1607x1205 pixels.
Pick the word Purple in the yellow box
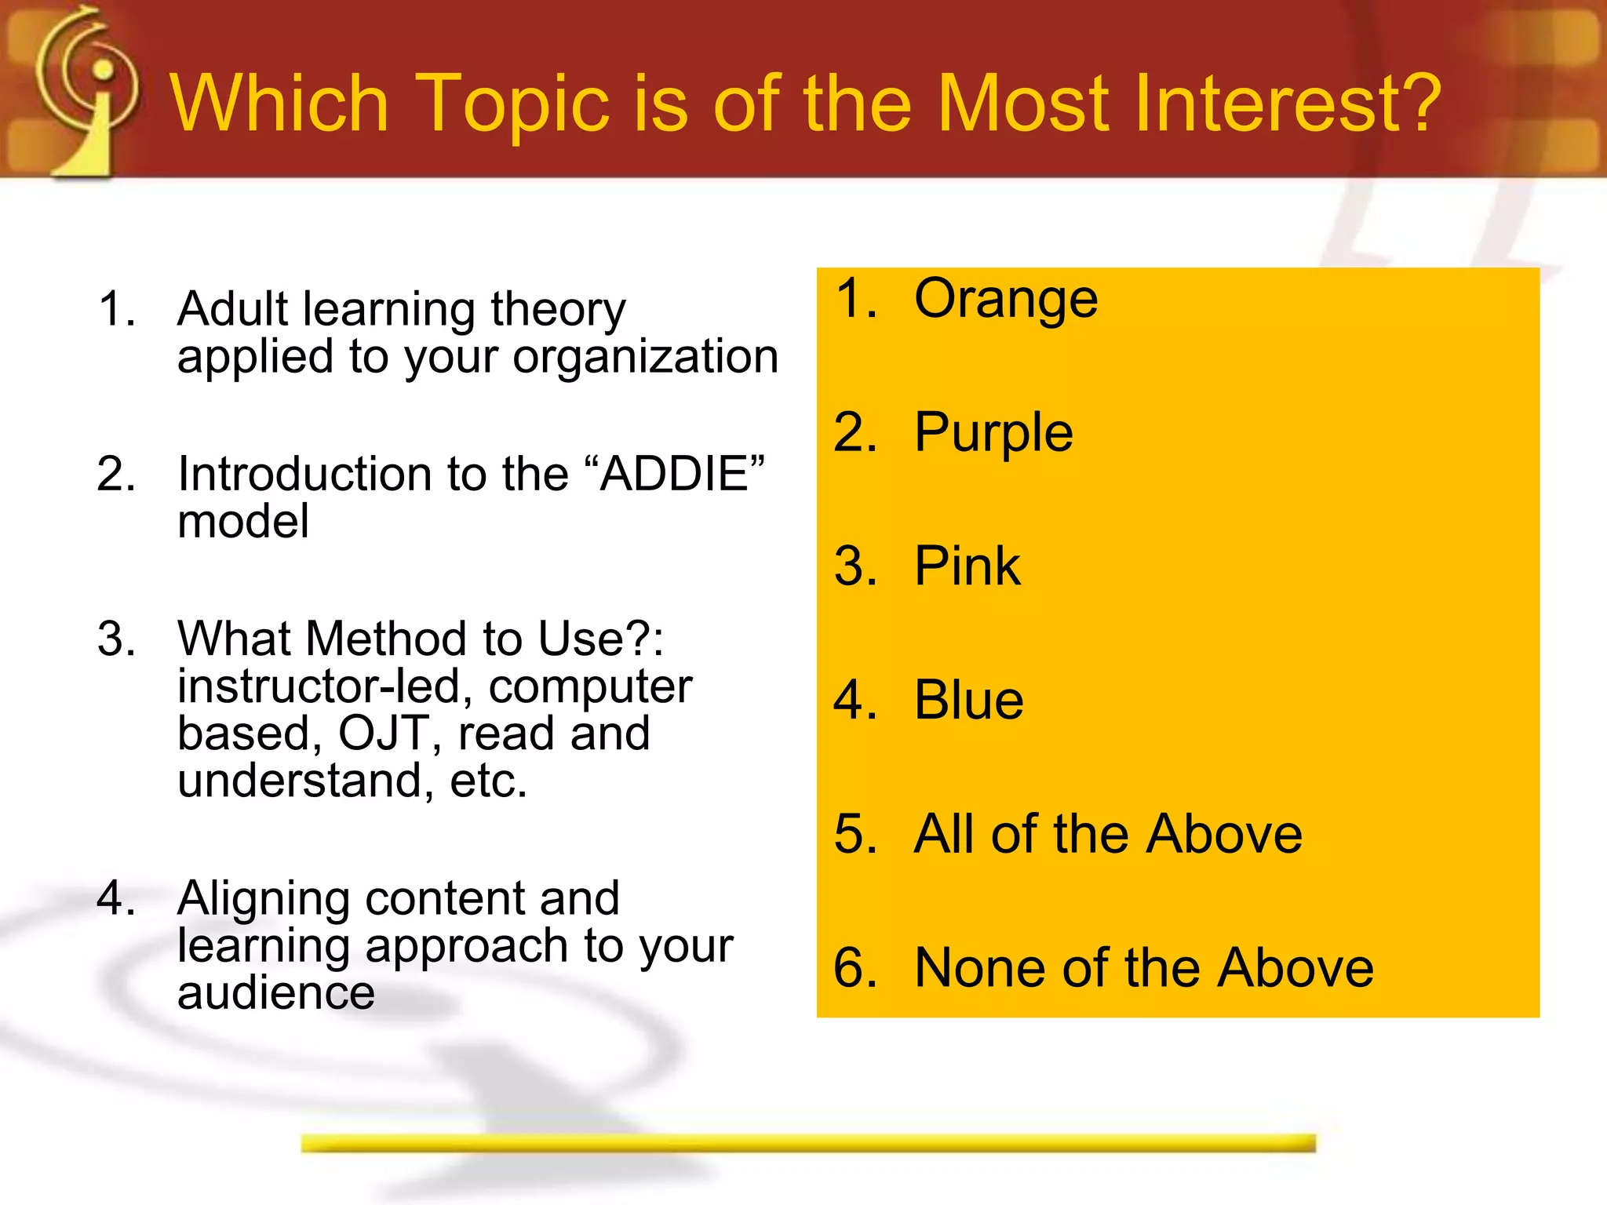993,434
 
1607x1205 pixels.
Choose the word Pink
967,566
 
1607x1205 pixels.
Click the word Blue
969,700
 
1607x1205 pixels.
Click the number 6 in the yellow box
855,967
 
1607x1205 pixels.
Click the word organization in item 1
645,358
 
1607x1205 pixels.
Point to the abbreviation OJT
384,733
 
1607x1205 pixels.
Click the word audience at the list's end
276,992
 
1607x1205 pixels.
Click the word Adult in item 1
233,308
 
